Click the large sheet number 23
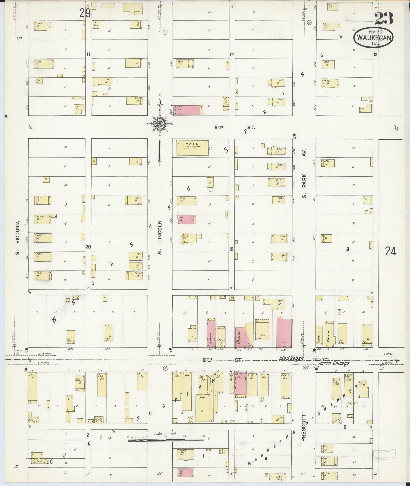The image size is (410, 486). point(384,19)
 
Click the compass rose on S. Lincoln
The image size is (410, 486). point(160,124)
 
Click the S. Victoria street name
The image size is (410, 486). point(17,238)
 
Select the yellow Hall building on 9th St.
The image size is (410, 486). point(193,148)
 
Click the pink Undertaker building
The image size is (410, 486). point(211,333)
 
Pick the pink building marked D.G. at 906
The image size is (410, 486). point(284,333)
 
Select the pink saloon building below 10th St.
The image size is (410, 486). point(240,384)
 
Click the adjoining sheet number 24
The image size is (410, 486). point(390,252)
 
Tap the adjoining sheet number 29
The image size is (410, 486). point(85,13)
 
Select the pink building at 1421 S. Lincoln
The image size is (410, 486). point(187,219)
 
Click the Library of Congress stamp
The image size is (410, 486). point(384,454)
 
